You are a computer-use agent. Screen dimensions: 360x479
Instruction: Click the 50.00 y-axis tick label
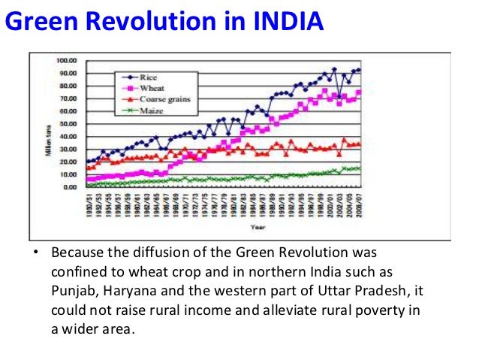point(68,124)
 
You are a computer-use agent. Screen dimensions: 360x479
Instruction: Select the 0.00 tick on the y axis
point(70,188)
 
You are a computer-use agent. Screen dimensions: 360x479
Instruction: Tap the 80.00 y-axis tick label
point(68,86)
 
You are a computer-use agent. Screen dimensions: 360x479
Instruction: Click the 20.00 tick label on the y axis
point(68,162)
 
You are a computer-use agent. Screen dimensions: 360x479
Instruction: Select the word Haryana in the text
point(131,290)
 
